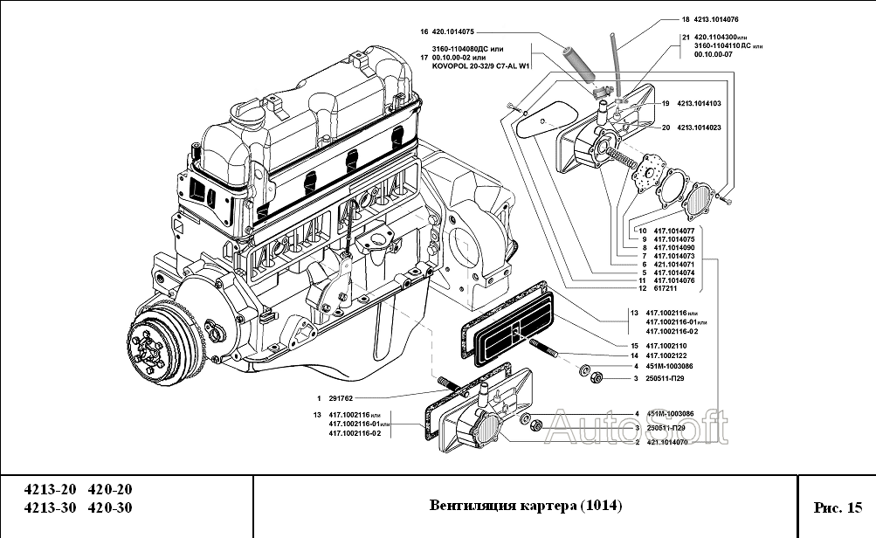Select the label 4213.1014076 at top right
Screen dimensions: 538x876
coord(719,18)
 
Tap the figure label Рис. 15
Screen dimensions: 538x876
coord(837,507)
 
